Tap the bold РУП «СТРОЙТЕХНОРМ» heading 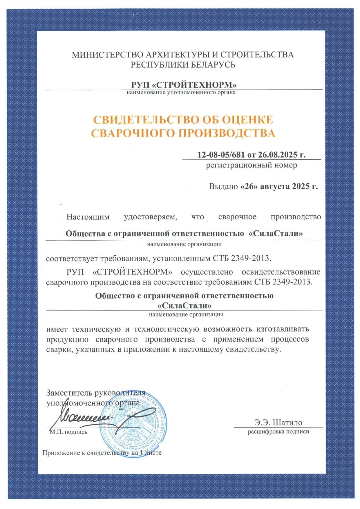[x=184, y=85]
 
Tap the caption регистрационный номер [x=252, y=165]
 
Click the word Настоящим [x=88, y=217]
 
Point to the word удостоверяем [x=150, y=217]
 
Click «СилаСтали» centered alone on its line [x=184, y=306]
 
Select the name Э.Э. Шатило [x=278, y=423]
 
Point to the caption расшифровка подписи [x=278, y=432]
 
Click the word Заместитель [x=69, y=393]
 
